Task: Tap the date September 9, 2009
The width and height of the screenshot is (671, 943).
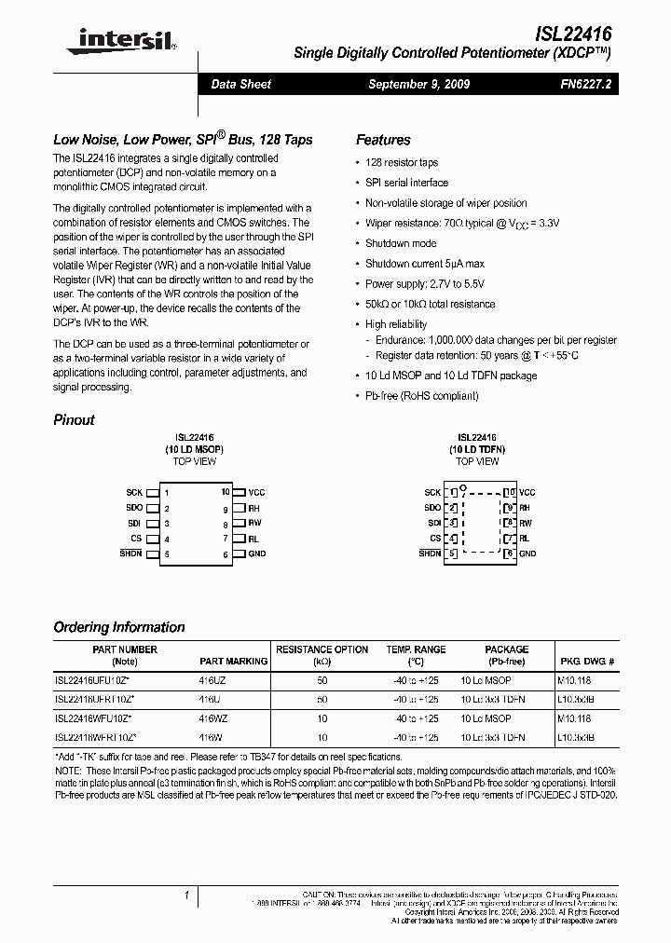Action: (418, 84)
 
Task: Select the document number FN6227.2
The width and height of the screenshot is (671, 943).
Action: (580, 84)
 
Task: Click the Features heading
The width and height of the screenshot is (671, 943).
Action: (383, 140)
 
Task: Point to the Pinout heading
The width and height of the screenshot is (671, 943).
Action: (74, 419)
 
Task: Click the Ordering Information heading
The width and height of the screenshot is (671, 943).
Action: (119, 627)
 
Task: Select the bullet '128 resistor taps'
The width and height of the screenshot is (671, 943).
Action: (401, 162)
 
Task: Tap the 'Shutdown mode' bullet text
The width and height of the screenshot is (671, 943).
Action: (401, 243)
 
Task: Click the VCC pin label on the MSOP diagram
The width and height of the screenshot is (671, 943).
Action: (256, 492)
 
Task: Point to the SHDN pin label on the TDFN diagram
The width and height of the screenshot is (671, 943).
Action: (430, 553)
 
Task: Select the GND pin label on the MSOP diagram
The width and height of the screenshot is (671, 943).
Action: (257, 553)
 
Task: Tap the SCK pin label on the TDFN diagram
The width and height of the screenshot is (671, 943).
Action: (432, 492)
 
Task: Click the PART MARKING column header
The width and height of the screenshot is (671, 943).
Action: (233, 661)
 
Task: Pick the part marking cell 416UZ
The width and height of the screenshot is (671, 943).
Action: (213, 680)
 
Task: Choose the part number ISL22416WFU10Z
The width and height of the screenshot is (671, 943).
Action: (94, 718)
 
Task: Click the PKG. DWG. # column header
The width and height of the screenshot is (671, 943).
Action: (589, 661)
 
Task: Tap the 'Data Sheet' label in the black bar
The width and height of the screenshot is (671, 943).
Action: (241, 84)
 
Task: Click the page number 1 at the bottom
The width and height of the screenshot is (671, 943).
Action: (186, 896)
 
